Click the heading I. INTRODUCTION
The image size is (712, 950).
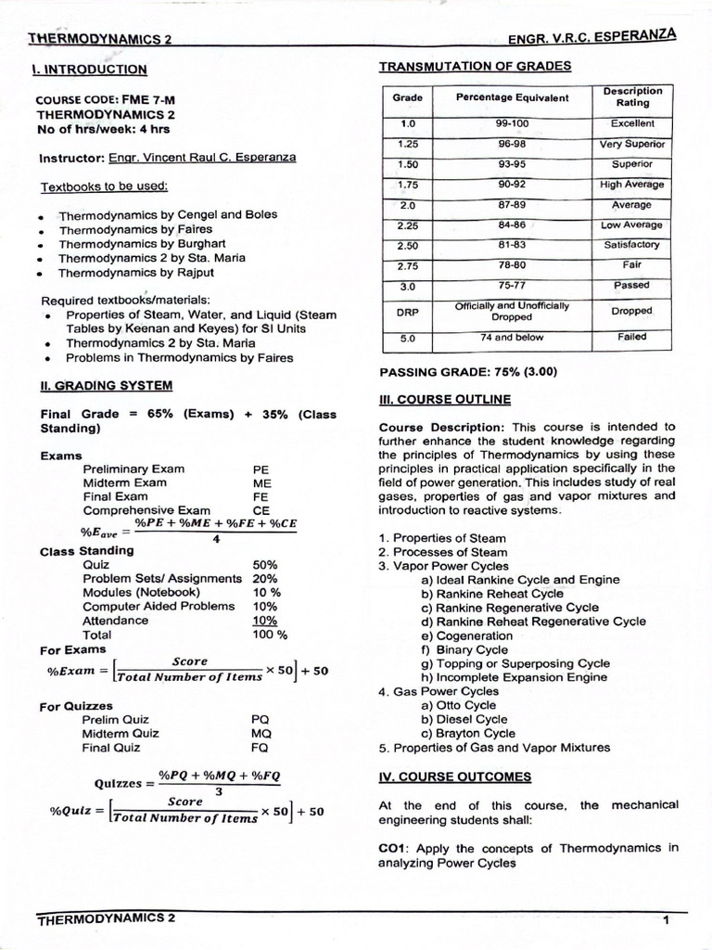(88, 69)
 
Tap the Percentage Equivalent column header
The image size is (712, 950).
(512, 97)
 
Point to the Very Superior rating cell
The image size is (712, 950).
(632, 144)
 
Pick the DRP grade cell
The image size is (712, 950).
(407, 312)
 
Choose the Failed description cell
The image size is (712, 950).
(632, 338)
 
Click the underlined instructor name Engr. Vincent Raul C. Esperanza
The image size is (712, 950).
(202, 158)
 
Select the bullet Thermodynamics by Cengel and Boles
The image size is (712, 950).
(168, 214)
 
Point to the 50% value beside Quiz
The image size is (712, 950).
(265, 564)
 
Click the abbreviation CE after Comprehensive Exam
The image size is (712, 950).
(261, 510)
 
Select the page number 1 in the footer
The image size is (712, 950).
(666, 919)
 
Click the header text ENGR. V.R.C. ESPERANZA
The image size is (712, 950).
(592, 36)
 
